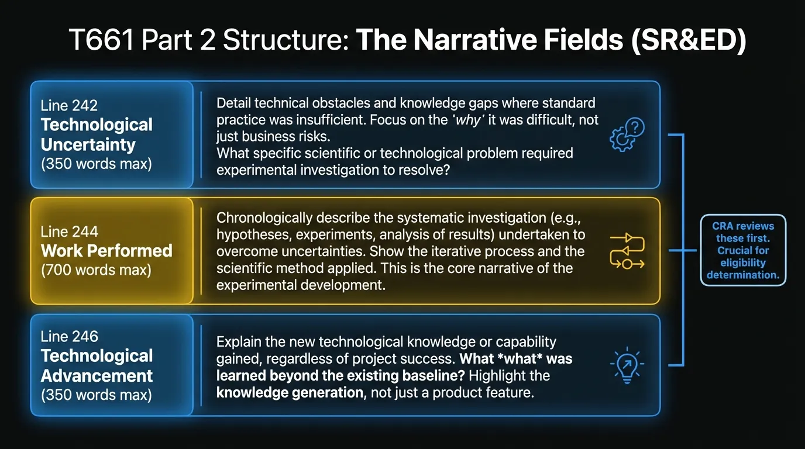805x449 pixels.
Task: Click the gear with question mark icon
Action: pyautogui.click(x=627, y=135)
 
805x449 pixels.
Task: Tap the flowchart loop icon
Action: pyautogui.click(x=627, y=251)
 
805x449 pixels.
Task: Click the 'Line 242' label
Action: pyautogui.click(x=69, y=106)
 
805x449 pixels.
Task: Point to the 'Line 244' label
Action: pyautogui.click(x=69, y=232)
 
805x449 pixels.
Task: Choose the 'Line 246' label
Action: pyautogui.click(x=69, y=336)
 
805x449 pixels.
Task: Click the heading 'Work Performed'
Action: pyautogui.click(x=106, y=251)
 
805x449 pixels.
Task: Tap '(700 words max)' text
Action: pyautogui.click(x=96, y=270)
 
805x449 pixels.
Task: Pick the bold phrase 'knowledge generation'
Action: pyautogui.click(x=290, y=392)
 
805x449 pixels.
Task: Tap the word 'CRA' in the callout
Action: pyautogui.click(x=724, y=226)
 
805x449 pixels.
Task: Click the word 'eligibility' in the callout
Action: pyautogui.click(x=743, y=263)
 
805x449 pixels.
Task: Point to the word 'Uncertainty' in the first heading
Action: pyautogui.click(x=88, y=144)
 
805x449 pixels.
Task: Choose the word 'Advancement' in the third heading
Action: pyautogui.click(x=97, y=375)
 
